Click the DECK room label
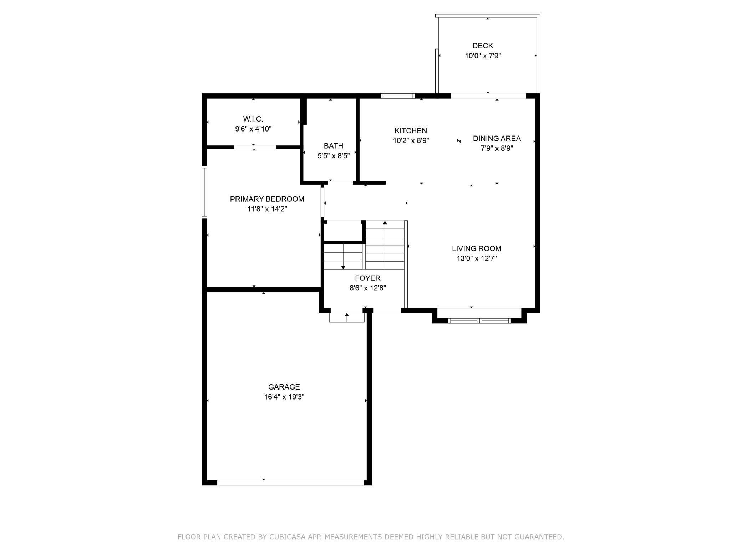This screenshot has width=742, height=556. tap(483, 46)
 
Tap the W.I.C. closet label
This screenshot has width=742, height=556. tap(253, 119)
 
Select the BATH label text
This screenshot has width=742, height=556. tap(334, 146)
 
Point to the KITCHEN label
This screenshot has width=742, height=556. tap(411, 131)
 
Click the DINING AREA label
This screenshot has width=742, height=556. tap(497, 138)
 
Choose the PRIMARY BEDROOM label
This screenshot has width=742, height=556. tap(267, 199)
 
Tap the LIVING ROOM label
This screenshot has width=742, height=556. tap(477, 248)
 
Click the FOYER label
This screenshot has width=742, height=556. tap(367, 278)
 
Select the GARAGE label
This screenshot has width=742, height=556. tap(284, 387)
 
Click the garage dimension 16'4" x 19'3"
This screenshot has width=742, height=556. tap(284, 397)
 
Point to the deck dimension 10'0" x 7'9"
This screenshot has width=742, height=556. tap(483, 56)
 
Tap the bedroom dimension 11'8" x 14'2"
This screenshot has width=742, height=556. tap(267, 209)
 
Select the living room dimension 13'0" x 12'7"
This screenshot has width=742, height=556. tap(477, 258)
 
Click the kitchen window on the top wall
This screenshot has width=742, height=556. tap(398, 96)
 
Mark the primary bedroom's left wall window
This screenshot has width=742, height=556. tap(204, 192)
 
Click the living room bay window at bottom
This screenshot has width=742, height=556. tap(479, 320)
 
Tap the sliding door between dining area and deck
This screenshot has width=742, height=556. tap(488, 96)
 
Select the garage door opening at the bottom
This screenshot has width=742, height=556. tap(291, 483)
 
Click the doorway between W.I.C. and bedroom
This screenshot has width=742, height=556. tap(255, 147)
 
